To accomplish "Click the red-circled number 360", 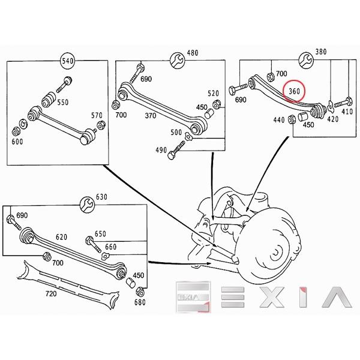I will tap(295, 91).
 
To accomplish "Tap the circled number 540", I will tap(68, 61).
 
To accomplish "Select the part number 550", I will tap(62, 103).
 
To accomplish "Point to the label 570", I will tap(97, 116).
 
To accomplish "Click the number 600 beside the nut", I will tap(17, 142).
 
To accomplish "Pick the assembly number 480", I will tap(192, 53).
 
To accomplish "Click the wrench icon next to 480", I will tap(176, 60).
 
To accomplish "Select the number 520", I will tap(213, 93).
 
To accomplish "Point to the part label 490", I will tap(161, 150).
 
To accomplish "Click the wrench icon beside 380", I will tap(304, 59).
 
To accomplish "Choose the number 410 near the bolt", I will tap(347, 112).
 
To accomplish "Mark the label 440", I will tap(279, 120).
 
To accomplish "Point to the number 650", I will tap(100, 233).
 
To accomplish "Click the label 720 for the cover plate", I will tap(51, 294).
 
